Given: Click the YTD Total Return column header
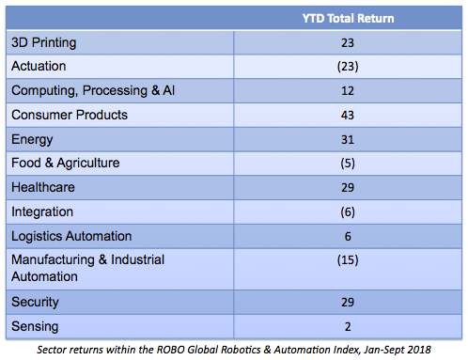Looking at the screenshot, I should (349, 18).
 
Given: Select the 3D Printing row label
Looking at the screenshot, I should (43, 42).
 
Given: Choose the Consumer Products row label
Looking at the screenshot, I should (69, 116).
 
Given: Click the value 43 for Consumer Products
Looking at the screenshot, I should (349, 116).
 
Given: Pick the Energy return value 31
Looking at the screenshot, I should (349, 139).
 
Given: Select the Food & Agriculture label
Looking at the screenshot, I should (65, 164).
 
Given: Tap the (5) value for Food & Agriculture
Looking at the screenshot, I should (349, 164).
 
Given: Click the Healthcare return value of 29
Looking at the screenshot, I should (349, 188).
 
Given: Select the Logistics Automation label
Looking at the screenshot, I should (70, 236).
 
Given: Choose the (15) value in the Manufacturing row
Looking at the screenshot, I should (349, 260).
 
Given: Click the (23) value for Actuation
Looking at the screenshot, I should (349, 67).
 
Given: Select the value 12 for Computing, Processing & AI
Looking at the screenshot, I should (349, 91).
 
